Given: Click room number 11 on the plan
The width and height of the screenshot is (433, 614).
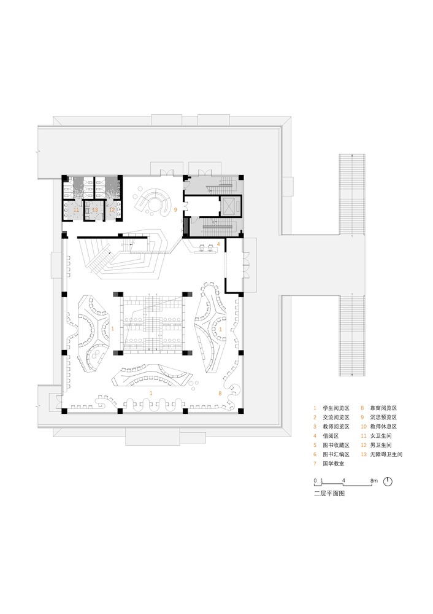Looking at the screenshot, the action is click(76, 210).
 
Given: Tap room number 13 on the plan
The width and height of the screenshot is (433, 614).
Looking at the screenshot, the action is click(94, 210).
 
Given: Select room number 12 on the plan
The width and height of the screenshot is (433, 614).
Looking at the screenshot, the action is click(112, 210).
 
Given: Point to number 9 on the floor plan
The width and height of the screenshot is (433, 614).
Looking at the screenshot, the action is click(175, 210).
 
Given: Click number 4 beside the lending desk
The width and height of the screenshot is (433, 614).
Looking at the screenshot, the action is click(218, 244).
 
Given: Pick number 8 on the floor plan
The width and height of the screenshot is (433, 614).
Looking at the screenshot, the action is click(220, 393).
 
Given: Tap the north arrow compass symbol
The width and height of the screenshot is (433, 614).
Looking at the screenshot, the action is click(387, 481).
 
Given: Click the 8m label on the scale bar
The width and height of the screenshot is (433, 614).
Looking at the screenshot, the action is click(374, 481).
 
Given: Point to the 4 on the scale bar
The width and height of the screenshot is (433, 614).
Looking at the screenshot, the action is click(343, 481).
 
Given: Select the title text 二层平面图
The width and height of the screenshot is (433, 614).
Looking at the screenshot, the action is click(329, 494).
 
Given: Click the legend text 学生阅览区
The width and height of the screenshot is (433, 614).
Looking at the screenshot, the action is click(336, 408).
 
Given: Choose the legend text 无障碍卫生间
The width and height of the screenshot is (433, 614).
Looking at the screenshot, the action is click(386, 454).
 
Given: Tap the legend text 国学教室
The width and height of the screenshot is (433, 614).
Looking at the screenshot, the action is click(333, 464).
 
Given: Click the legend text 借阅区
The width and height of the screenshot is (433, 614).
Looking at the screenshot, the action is click(331, 436).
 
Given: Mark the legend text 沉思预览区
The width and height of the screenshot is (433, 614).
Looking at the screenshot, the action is click(384, 418).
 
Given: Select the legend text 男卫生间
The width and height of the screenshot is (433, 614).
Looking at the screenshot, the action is click(381, 445).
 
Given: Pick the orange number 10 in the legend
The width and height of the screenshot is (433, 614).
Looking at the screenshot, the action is click(364, 427).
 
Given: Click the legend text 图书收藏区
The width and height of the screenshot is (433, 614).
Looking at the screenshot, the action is click(336, 445).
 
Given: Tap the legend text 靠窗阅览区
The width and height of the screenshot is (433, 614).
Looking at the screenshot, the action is click(384, 408).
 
